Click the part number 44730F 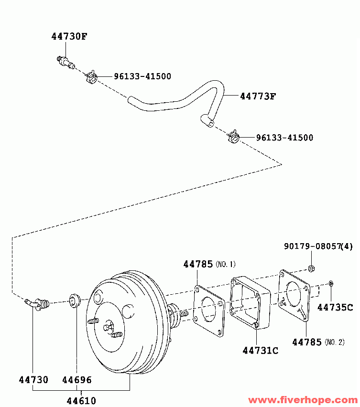click(x=69, y=36)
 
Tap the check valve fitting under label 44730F click(x=65, y=63)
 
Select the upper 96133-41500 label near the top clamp click(x=142, y=76)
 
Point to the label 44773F click(x=258, y=96)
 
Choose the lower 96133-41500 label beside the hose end click(x=284, y=138)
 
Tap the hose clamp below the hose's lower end click(x=233, y=137)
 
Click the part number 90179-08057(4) click(x=318, y=246)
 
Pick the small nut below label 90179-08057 click(x=311, y=268)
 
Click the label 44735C click(x=335, y=308)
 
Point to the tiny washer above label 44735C click(x=331, y=283)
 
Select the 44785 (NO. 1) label click(x=209, y=264)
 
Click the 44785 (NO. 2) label click(x=318, y=342)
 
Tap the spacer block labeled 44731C click(x=250, y=302)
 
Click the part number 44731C click(x=260, y=351)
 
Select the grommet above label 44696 click(x=74, y=300)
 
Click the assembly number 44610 click(x=81, y=401)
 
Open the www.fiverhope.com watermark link click(x=303, y=400)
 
